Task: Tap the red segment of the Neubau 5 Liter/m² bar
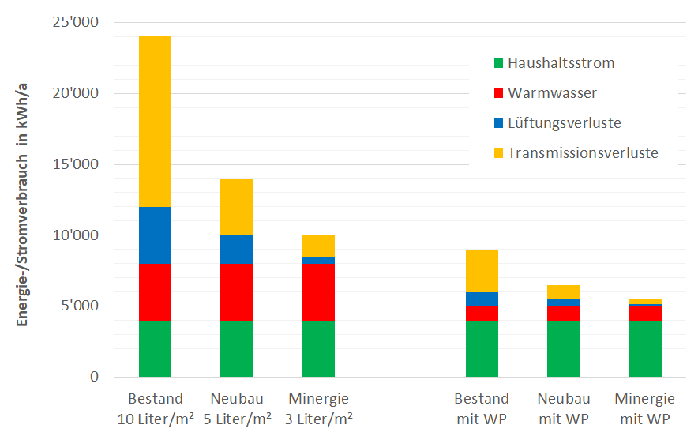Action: click(237, 291)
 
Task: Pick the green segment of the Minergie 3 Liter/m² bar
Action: click(318, 348)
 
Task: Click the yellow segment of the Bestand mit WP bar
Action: click(482, 271)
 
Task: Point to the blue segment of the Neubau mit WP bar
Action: click(564, 303)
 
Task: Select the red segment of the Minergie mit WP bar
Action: click(645, 313)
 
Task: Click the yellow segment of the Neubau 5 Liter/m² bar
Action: click(237, 207)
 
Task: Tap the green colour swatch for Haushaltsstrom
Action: click(497, 63)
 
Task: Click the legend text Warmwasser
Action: click(552, 93)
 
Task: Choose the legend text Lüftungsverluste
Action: click(564, 123)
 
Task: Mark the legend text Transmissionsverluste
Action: click(583, 153)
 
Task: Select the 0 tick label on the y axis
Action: click(94, 377)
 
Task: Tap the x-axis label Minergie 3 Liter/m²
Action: click(318, 408)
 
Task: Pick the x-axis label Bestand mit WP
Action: click(482, 408)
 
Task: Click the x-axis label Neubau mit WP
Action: click(564, 408)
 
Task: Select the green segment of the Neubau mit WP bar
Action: click(564, 348)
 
